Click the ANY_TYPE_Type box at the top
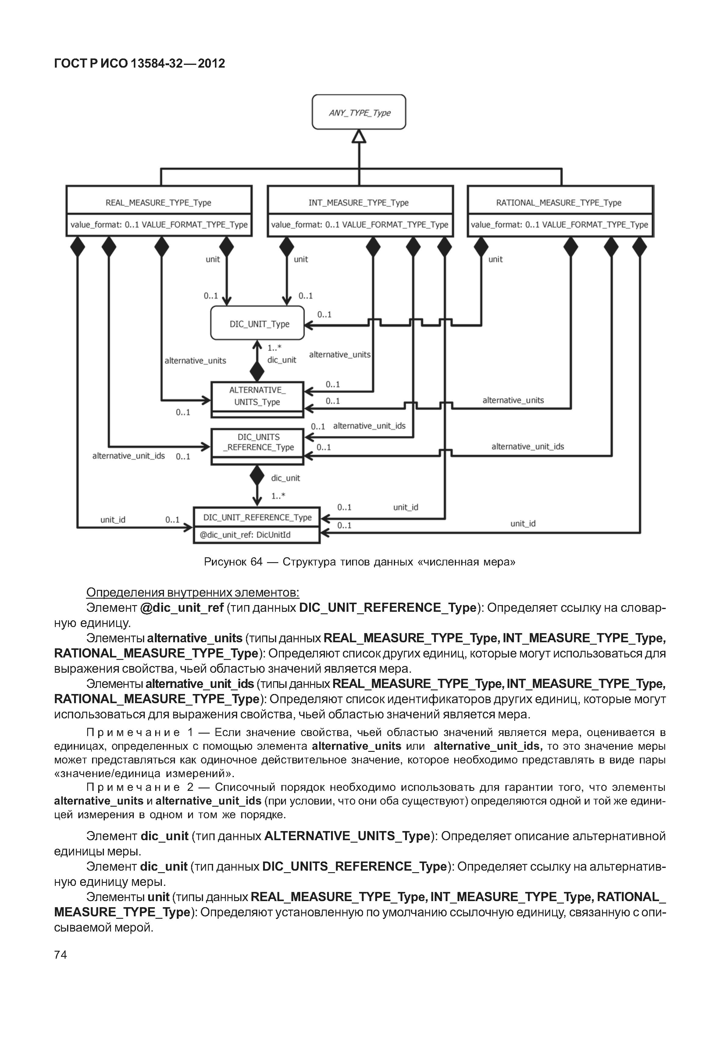[x=359, y=112]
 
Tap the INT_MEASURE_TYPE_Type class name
[x=359, y=203]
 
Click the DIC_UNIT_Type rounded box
[x=258, y=324]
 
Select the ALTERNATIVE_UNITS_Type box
[x=258, y=397]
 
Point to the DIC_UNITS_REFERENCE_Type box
[x=258, y=442]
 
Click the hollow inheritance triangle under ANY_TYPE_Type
[x=359, y=136]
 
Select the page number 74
[x=60, y=954]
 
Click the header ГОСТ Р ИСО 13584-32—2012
[x=139, y=64]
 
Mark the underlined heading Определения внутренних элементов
[x=193, y=592]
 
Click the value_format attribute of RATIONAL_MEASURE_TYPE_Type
[x=559, y=224]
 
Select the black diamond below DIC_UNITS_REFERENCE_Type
[x=257, y=476]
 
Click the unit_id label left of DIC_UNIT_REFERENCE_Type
[x=113, y=520]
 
